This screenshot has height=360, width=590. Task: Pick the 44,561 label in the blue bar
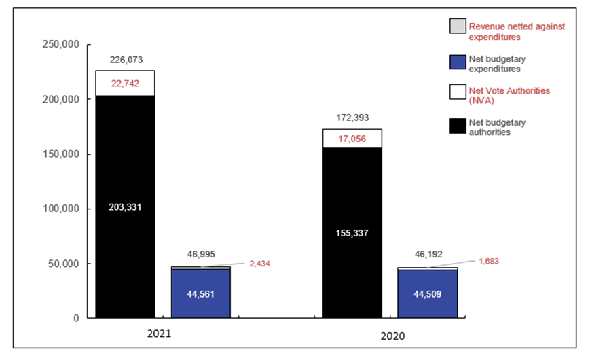(201, 294)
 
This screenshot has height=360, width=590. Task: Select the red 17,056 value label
(352, 139)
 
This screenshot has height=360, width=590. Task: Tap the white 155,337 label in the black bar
(352, 234)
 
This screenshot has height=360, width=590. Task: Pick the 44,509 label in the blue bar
(427, 294)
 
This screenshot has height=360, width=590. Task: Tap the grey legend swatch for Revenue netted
(457, 26)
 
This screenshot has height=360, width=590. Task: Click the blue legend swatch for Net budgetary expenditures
(457, 63)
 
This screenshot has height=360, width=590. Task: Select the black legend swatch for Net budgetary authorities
(457, 127)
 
